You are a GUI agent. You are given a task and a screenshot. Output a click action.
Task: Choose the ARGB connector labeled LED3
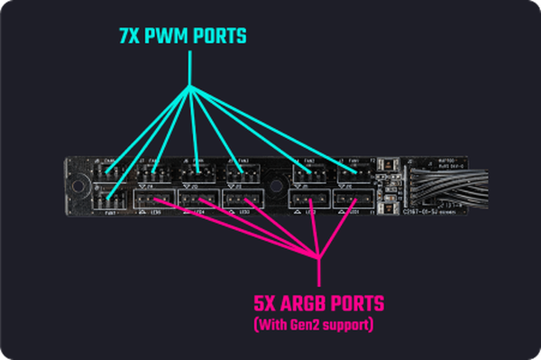point(242,199)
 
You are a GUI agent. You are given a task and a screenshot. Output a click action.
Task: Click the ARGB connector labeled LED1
point(353,199)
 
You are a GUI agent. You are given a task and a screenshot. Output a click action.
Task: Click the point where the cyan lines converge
point(191,87)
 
